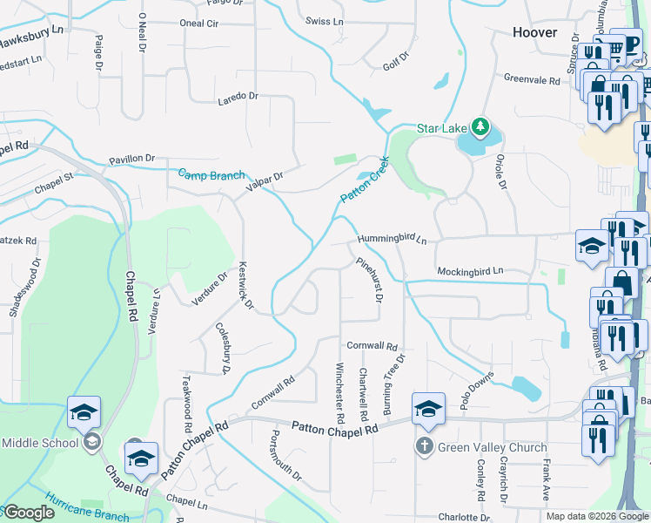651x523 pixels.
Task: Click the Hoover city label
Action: [x=534, y=32]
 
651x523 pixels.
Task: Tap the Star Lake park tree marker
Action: [x=478, y=127]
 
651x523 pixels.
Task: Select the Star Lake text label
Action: [x=441, y=128]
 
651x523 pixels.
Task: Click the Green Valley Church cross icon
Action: [x=424, y=447]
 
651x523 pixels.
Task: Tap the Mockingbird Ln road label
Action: [x=470, y=271]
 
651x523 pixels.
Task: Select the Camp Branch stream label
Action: [x=211, y=174]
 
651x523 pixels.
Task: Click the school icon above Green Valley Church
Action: [x=428, y=408]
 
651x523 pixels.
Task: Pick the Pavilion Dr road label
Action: [x=131, y=159]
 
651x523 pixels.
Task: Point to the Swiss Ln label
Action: [x=325, y=20]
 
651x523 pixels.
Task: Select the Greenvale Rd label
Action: [x=532, y=78]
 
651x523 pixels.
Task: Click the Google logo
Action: [x=29, y=513]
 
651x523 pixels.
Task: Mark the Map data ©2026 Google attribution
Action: [x=596, y=516]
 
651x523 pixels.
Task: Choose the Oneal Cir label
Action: [x=198, y=24]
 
